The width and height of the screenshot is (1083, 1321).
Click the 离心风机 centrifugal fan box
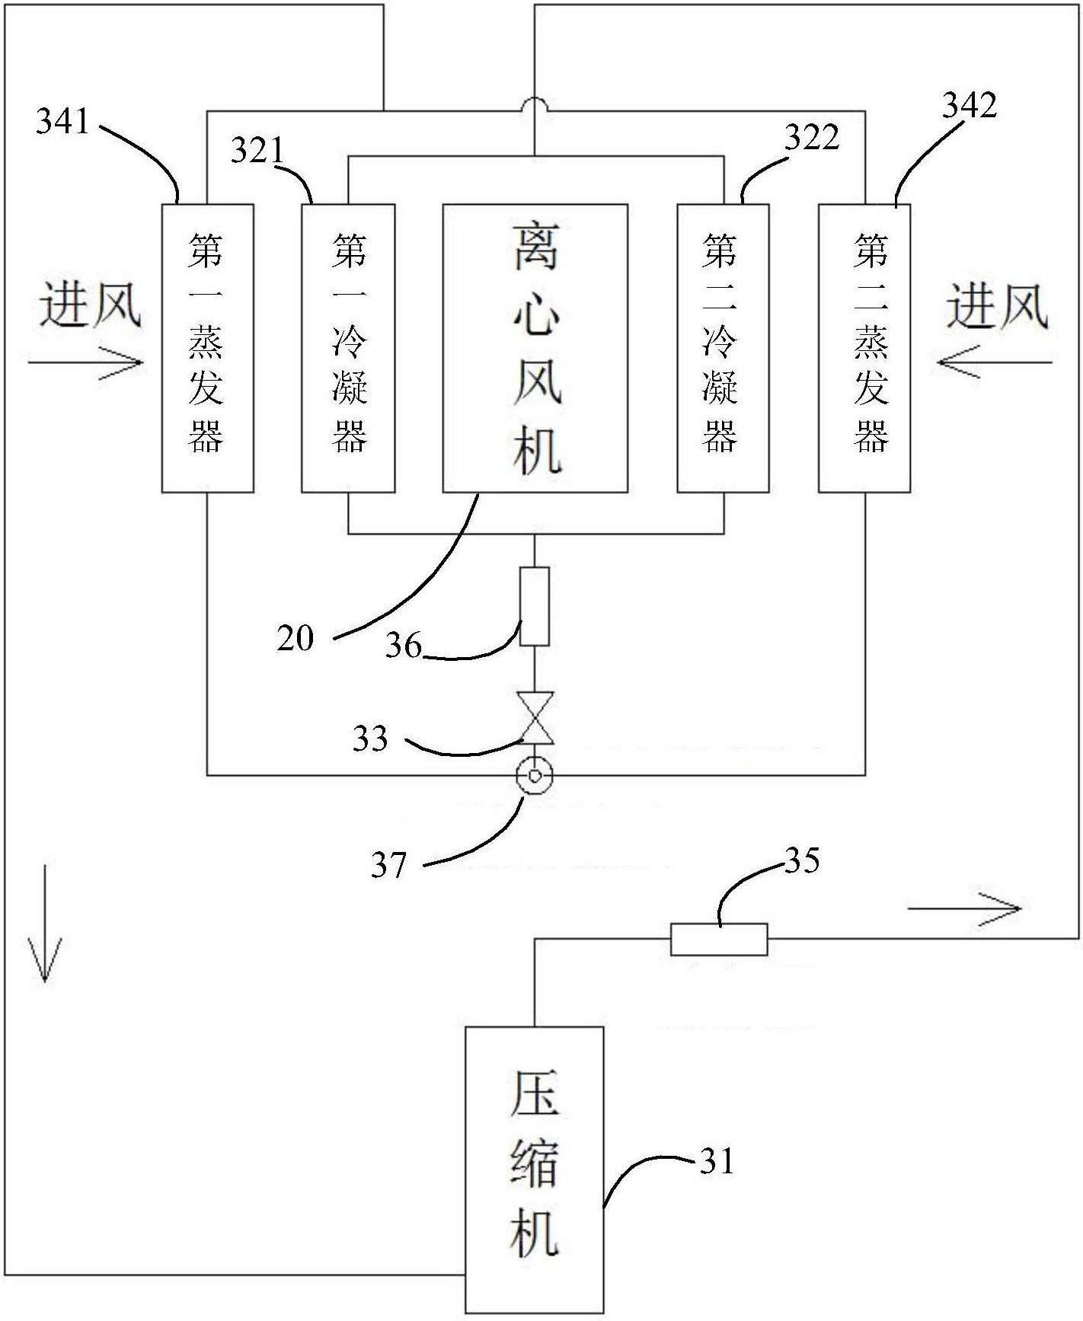click(535, 348)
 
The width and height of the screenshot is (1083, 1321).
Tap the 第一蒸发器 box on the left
click(207, 348)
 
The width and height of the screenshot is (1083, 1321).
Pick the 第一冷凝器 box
click(348, 348)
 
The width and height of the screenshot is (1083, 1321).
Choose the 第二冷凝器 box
click(723, 348)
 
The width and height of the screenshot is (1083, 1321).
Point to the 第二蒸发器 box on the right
click(864, 348)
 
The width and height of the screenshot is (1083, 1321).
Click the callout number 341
click(62, 122)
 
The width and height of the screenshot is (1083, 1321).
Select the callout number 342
click(969, 105)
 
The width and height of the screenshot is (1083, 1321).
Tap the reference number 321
click(257, 151)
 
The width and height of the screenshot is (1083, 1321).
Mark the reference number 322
click(812, 138)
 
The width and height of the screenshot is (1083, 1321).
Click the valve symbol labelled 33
click(535, 718)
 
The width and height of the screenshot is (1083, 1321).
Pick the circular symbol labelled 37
click(535, 776)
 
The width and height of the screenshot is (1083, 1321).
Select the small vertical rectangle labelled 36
click(534, 606)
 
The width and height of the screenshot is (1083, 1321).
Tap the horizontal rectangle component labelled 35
click(718, 939)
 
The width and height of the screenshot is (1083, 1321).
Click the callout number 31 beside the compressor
click(717, 1161)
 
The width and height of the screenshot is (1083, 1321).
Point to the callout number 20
click(296, 638)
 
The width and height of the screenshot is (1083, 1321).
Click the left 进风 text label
click(90, 306)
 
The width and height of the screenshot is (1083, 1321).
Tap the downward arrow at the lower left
click(44, 923)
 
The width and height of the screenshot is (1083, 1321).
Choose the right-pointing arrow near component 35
click(963, 908)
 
